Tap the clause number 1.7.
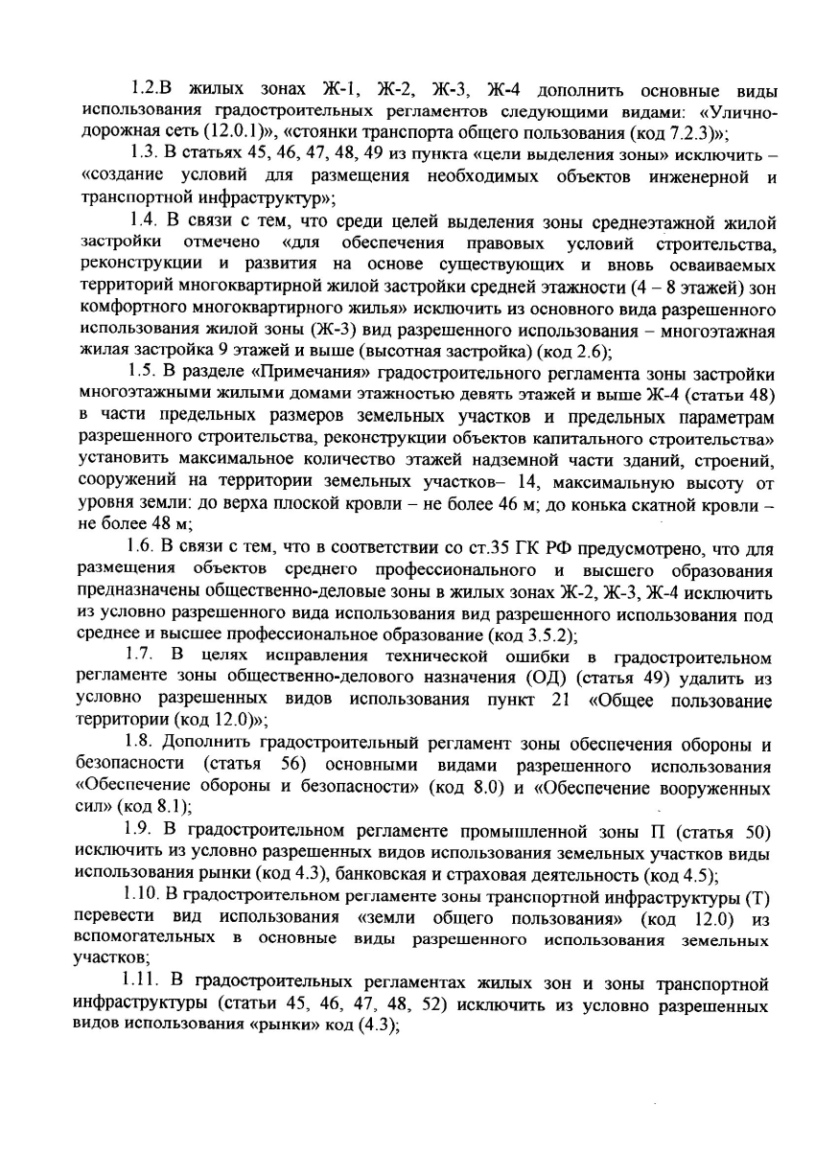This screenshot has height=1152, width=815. point(141,657)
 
